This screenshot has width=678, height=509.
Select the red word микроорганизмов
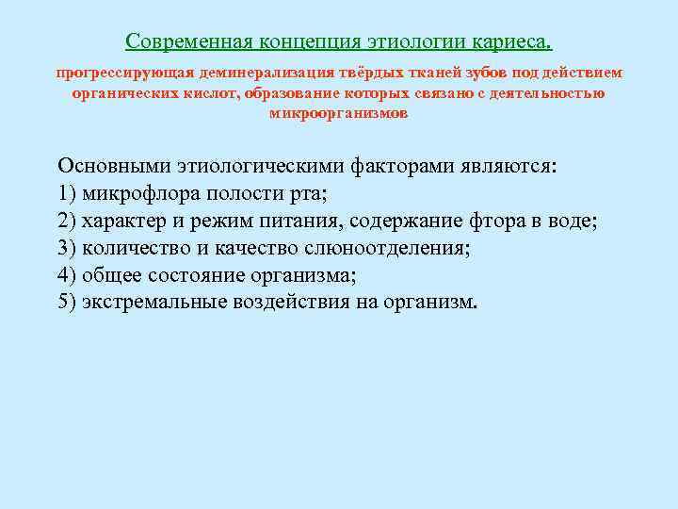point(339,113)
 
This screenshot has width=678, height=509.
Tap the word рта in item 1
point(308,194)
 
